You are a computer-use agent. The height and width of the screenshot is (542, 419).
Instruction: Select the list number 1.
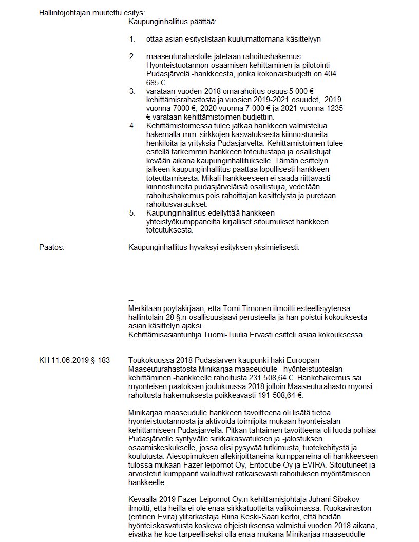pyautogui.click(x=132, y=38)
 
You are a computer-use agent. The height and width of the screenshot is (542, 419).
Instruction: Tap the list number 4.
pyautogui.click(x=132, y=126)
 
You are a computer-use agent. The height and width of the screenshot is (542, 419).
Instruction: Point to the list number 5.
pyautogui.click(x=132, y=213)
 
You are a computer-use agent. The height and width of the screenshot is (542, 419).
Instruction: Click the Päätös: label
pyautogui.click(x=51, y=248)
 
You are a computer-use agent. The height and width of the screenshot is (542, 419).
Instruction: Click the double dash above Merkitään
pyautogui.click(x=131, y=300)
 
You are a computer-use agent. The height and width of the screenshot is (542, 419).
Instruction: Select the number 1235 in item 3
pyautogui.click(x=334, y=108)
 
